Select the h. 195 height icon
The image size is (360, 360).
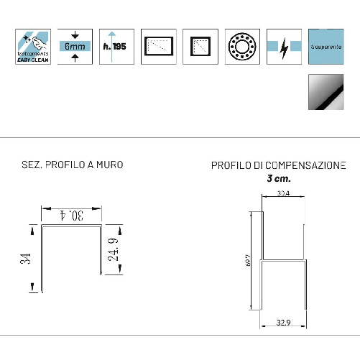[116, 47]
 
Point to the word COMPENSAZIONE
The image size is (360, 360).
[305, 165]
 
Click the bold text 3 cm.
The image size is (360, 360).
[279, 177]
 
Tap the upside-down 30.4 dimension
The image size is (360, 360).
[72, 215]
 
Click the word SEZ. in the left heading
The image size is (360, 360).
[32, 165]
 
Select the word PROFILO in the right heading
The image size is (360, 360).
[229, 165]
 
